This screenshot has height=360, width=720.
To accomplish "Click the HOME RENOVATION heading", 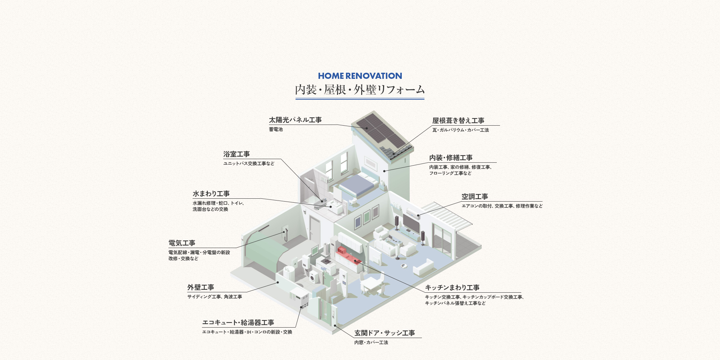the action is click(x=360, y=76).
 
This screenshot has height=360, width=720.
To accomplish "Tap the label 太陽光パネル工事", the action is click(x=295, y=120).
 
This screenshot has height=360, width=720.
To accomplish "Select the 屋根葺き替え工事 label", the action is click(x=458, y=121).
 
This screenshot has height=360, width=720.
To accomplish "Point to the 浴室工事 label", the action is click(x=237, y=154).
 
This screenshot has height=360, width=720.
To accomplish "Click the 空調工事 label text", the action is click(x=475, y=197).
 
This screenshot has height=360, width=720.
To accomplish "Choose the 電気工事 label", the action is click(x=182, y=243).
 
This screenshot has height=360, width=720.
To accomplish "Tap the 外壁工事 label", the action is click(x=201, y=287).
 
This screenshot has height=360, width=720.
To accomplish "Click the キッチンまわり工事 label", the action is click(x=452, y=288).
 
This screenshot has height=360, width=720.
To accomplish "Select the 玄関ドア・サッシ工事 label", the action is click(x=384, y=333).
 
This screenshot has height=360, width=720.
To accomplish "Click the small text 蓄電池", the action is click(x=276, y=129).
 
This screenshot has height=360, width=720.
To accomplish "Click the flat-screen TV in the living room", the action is click(x=411, y=223).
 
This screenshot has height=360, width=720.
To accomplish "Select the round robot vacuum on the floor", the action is click(x=404, y=266).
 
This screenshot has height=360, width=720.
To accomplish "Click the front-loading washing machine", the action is click(x=314, y=277).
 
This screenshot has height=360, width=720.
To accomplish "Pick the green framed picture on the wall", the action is click(x=366, y=217).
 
